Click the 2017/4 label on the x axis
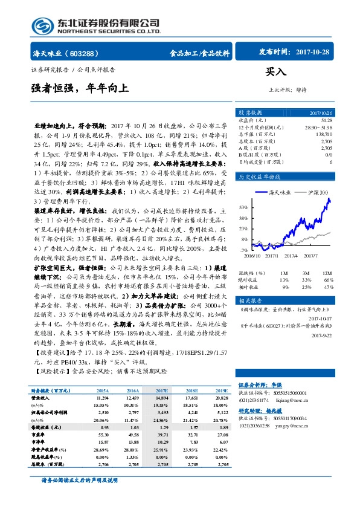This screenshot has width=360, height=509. (292, 256)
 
